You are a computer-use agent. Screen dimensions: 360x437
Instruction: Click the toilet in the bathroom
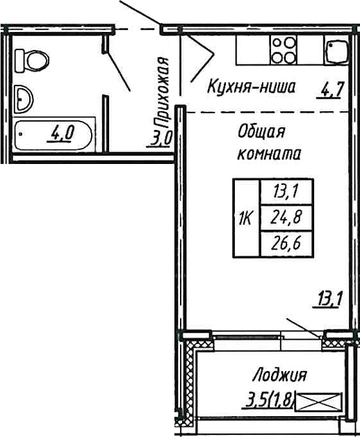(32, 60)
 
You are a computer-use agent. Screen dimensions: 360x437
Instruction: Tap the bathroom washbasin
(24, 99)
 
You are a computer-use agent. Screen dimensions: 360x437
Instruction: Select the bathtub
(54, 135)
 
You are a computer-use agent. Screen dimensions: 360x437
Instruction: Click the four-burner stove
(284, 50)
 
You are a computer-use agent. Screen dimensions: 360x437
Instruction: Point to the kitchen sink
(336, 50)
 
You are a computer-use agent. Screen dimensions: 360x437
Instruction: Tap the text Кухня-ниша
(251, 86)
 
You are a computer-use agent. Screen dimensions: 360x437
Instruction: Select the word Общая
(261, 131)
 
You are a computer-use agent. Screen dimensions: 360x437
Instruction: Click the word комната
(269, 154)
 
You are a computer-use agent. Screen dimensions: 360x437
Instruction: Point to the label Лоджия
(279, 375)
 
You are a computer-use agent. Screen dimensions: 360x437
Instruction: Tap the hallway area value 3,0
(159, 138)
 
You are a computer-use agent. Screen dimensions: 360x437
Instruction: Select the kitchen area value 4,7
(332, 90)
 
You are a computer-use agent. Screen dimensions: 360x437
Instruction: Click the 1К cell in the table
(247, 218)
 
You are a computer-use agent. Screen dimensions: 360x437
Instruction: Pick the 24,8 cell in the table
(286, 218)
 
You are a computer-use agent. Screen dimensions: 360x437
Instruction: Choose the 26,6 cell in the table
(286, 244)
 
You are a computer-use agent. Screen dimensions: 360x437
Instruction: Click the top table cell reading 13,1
(286, 192)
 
